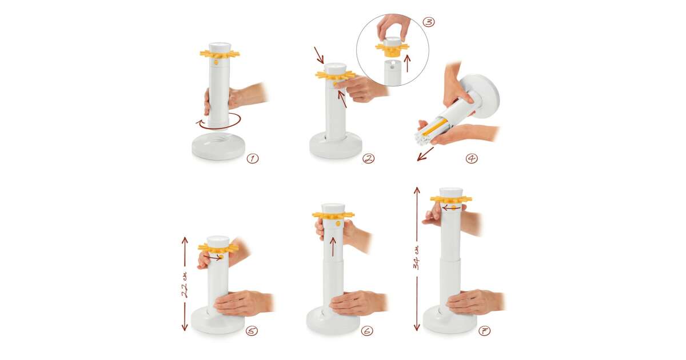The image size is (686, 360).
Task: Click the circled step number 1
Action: tap(253, 159)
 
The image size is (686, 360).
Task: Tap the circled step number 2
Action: tap(368, 159)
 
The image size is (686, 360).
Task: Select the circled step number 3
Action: tap(428, 22)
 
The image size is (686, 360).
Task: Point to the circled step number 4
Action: tap(472, 159)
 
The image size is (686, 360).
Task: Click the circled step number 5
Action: tap(252, 331)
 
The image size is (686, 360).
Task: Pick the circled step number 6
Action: tap(367, 331)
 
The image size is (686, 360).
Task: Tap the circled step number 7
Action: tap(485, 331)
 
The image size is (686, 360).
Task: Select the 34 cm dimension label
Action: tap(417, 257)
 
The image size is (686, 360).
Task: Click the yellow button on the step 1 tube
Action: tap(216, 62)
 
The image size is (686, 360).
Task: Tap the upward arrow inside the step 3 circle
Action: tap(407, 63)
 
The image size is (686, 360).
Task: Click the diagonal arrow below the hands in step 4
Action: tap(425, 154)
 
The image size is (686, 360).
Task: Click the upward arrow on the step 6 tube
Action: tap(333, 246)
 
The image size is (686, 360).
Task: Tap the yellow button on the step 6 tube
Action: tap(338, 224)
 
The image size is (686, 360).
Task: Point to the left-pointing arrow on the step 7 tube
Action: tap(451, 208)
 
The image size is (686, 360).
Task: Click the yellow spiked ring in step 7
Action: tap(451, 199)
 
